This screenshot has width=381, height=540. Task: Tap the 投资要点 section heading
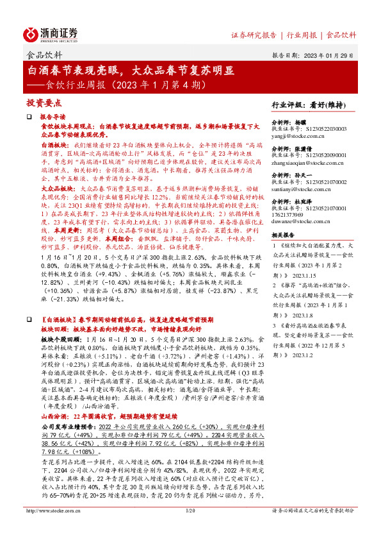point(44,102)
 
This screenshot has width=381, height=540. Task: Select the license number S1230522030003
point(325,128)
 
